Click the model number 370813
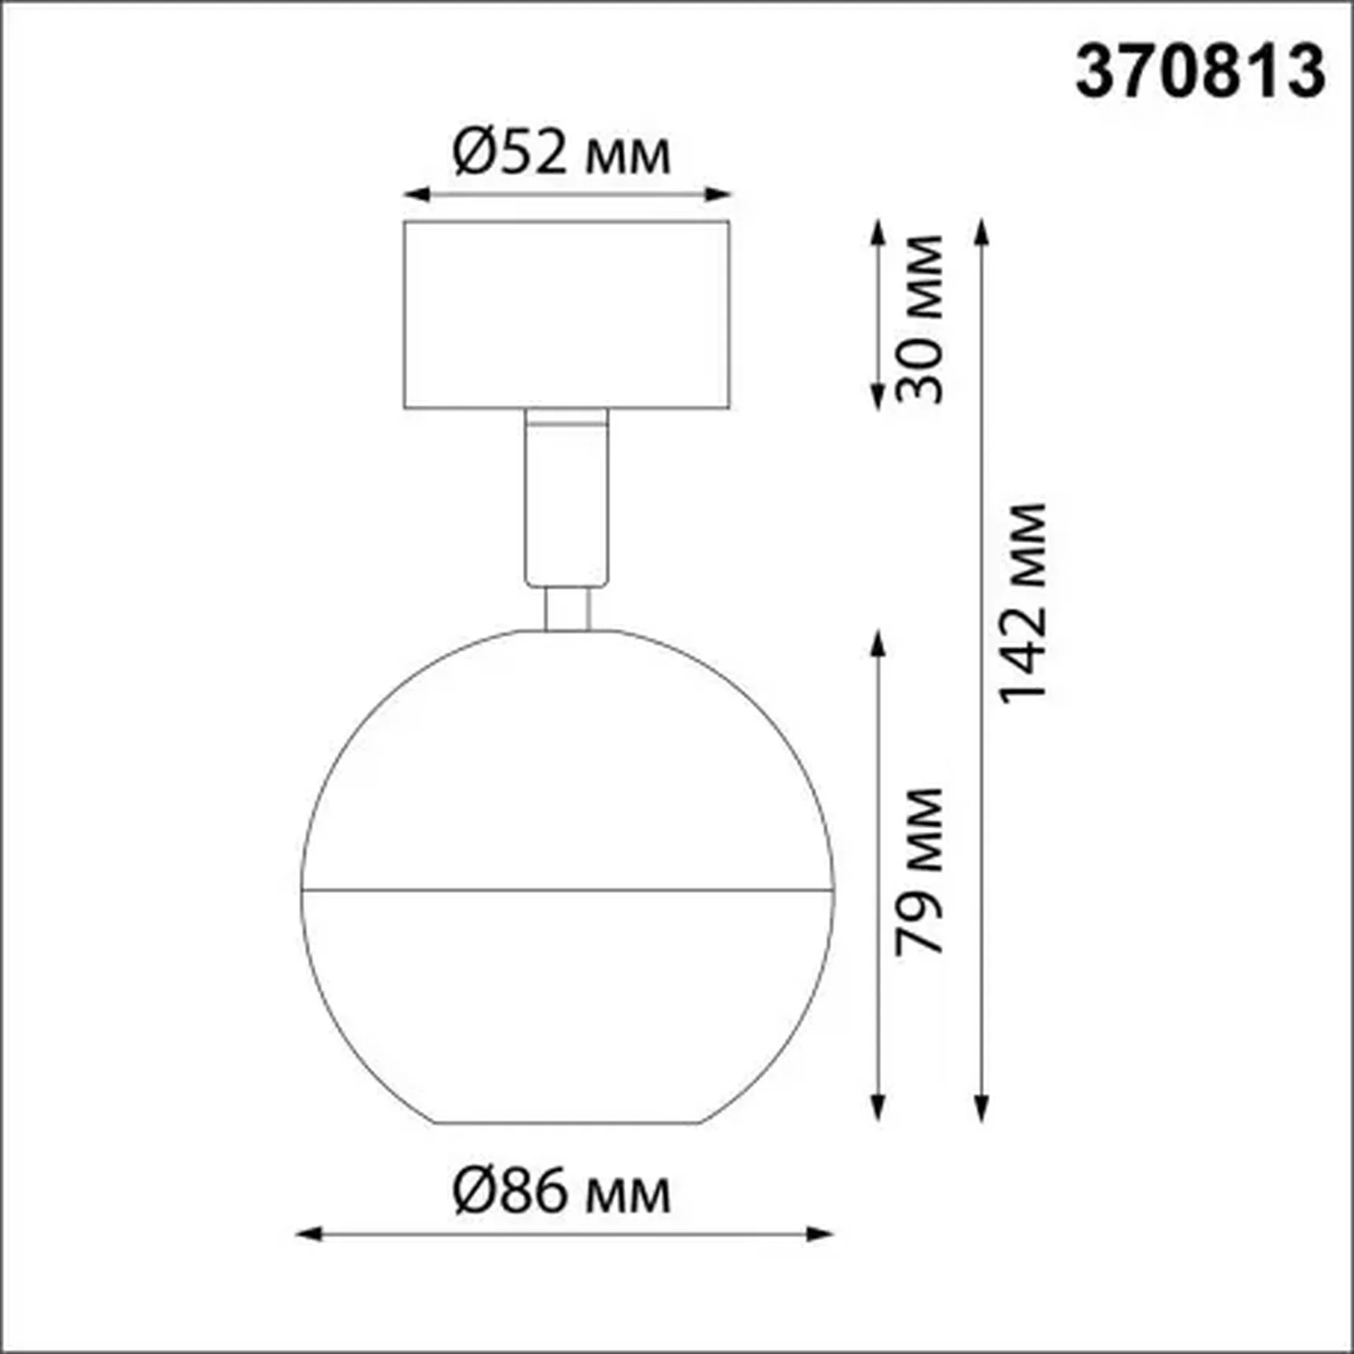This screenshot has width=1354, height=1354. point(1200,72)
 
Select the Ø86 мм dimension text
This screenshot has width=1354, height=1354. point(562,1193)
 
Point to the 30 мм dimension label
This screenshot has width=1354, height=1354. point(919,319)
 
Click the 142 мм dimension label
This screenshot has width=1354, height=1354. point(1023,602)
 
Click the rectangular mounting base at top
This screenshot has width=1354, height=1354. point(567,315)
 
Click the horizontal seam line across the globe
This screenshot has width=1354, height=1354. point(567,890)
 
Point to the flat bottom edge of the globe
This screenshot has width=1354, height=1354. point(567,1123)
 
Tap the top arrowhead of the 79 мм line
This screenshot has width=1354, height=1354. point(879,641)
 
